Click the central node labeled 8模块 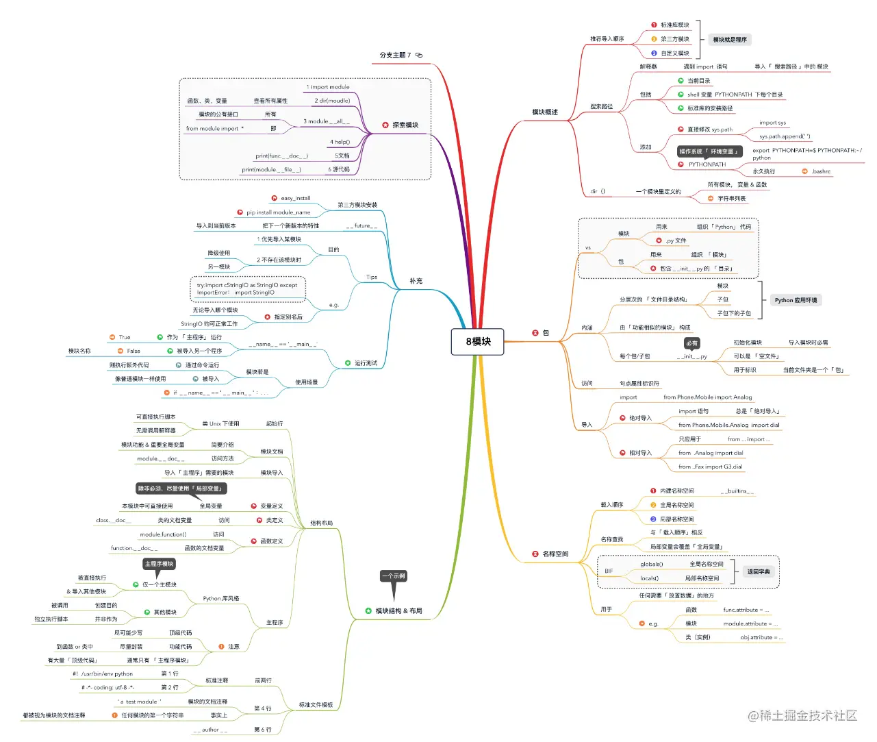(478, 342)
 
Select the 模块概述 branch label (545, 112)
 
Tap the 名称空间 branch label (555, 554)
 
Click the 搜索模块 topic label (405, 125)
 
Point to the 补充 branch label (416, 281)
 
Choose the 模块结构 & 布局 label (398, 610)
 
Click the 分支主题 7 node (396, 55)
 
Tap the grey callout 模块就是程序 (730, 40)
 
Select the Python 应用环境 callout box (796, 300)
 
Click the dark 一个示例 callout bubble (394, 576)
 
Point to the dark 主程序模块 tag (159, 564)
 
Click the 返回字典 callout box (758, 571)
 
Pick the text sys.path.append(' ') (785, 136)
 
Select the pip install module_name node (278, 212)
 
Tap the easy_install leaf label (296, 198)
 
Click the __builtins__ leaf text (737, 491)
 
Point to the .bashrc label (821, 171)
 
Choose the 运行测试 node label (366, 363)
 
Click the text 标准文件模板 (316, 704)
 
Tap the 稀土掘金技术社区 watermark (802, 715)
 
